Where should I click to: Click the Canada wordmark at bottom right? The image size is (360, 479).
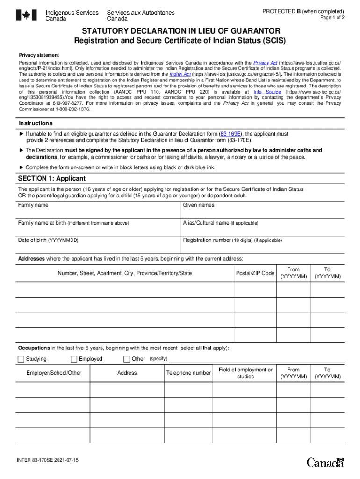(x=325, y=463)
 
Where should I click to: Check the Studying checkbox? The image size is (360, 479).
(x=21, y=359)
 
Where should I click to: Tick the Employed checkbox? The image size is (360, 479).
(x=74, y=359)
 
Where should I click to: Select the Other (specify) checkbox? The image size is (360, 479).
(x=127, y=359)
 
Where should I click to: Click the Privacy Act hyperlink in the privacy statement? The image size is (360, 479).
(x=265, y=63)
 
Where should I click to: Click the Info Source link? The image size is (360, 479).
(x=267, y=92)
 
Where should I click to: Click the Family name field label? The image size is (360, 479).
(x=33, y=205)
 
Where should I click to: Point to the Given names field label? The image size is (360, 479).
(x=199, y=205)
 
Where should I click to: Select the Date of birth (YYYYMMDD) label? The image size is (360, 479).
(x=48, y=240)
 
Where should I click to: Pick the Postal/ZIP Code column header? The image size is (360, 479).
(x=255, y=273)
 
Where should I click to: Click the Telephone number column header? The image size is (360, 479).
(x=188, y=373)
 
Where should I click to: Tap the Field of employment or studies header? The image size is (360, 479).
(x=245, y=373)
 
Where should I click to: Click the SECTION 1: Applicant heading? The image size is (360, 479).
(x=52, y=179)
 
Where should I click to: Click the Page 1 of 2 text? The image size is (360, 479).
(x=332, y=18)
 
